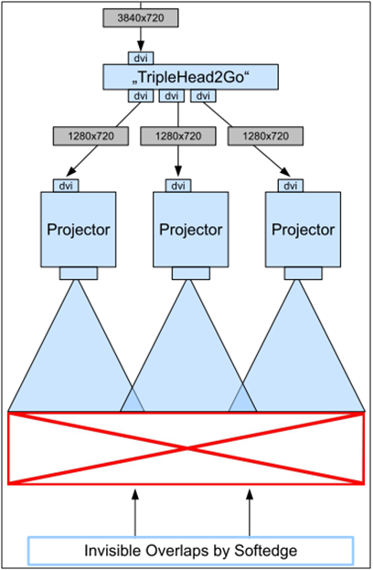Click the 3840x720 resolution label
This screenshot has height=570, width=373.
coord(141,17)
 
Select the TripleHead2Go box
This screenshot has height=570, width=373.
coord(191,77)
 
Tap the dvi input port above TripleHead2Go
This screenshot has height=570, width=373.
coord(141,59)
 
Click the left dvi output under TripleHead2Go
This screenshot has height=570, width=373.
coord(141,95)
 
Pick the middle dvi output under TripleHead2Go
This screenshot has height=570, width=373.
coord(172,95)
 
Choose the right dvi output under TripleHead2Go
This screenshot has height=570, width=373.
coord(203,95)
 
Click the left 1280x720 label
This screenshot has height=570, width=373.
coord(91,136)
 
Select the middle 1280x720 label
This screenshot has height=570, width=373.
coord(178,136)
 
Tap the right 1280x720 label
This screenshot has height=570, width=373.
coord(265,136)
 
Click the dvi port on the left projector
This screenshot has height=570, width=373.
coord(66,186)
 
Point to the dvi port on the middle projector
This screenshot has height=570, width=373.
coord(178,186)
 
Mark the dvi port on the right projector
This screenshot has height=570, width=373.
coord(291,186)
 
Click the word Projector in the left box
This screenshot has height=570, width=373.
coord(79,230)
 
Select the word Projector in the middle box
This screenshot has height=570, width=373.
coord(191,230)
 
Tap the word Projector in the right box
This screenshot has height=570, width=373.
coord(303,230)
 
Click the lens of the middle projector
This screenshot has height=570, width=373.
coord(191,274)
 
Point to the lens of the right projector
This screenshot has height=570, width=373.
coord(303,274)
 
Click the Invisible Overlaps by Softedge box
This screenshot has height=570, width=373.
coord(191,551)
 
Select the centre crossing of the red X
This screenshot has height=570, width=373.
coord(186,448)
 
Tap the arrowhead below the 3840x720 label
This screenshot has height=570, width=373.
coord(141,46)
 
